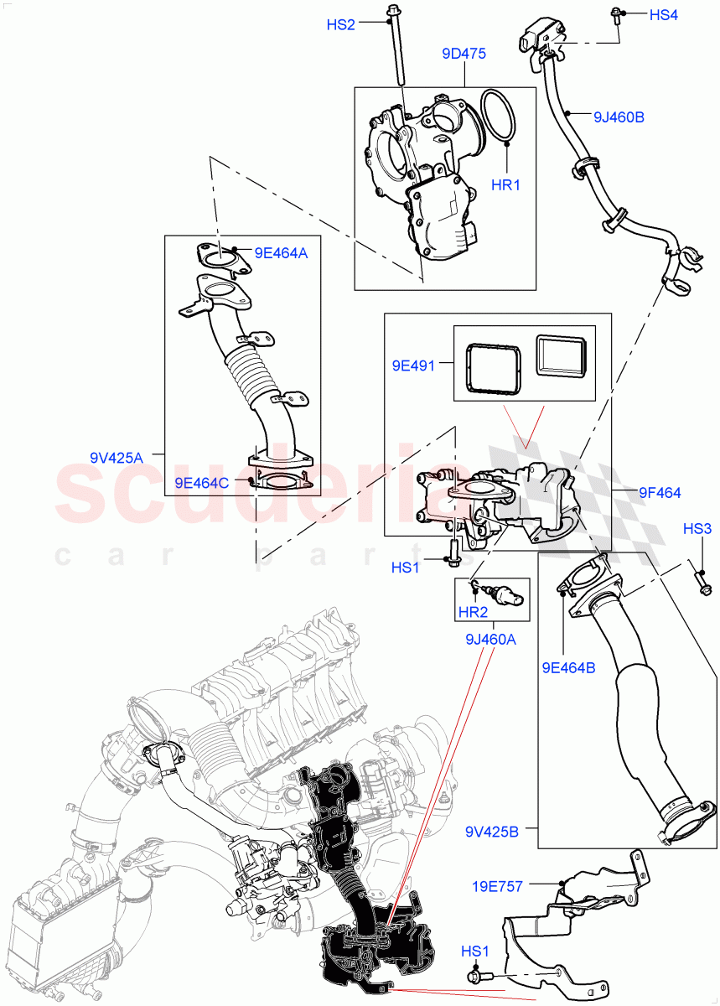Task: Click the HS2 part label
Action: tap(340, 25)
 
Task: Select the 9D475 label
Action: tap(464, 54)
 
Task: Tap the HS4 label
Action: tap(663, 15)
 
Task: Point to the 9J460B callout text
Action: tap(619, 117)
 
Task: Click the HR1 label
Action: tap(505, 184)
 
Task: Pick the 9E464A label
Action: tap(282, 251)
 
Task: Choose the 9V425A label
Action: tap(117, 457)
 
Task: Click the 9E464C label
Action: tap(201, 482)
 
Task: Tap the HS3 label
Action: tap(697, 529)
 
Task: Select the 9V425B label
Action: tap(492, 832)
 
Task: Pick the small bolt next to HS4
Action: tap(617, 14)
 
